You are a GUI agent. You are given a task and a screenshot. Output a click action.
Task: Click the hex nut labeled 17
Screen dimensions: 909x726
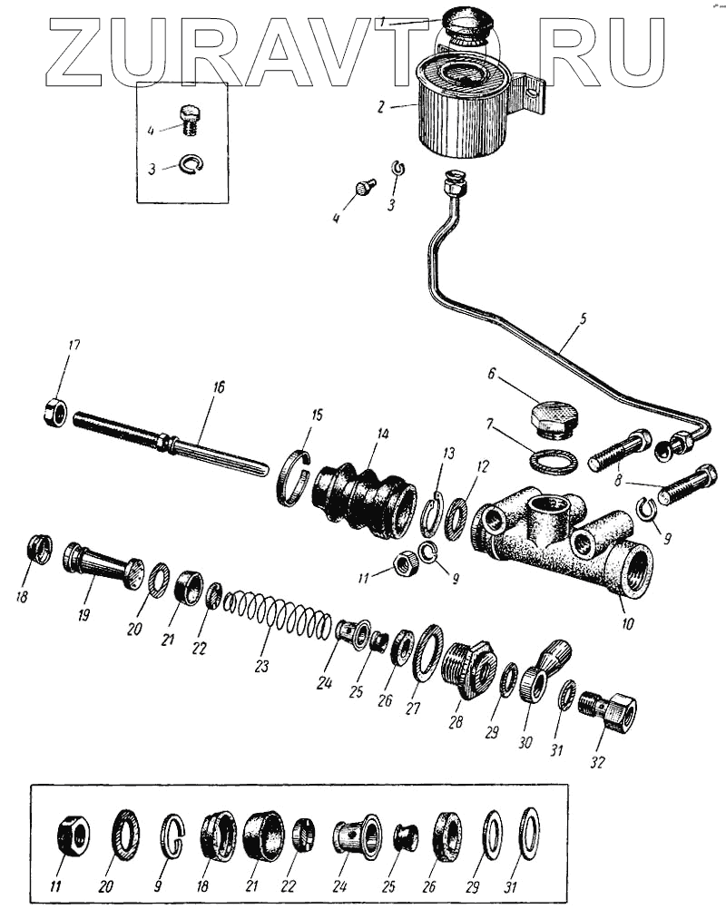tap(54, 414)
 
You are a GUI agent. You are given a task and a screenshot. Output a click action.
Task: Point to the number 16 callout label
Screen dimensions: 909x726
tap(217, 387)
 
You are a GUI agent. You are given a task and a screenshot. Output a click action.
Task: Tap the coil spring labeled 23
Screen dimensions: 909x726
tap(278, 614)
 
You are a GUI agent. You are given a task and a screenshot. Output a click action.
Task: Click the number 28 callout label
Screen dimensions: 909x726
tap(455, 721)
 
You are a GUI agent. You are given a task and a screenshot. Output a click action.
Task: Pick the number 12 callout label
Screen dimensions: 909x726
tap(482, 466)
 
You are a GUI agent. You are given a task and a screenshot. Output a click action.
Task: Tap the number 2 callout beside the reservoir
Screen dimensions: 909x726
tap(382, 105)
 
